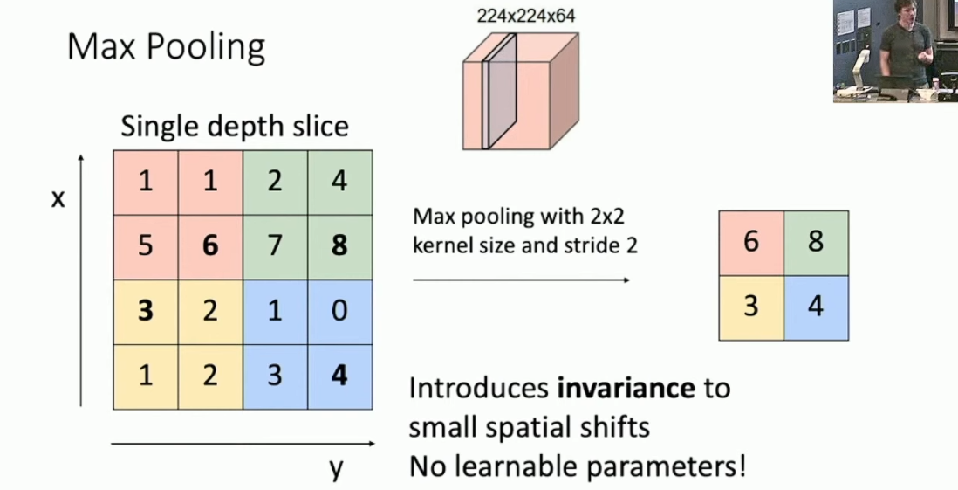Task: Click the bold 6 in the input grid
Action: [x=210, y=246]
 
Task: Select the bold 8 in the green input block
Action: [x=339, y=246]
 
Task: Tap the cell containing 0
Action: [x=339, y=311]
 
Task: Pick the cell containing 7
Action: [x=275, y=246]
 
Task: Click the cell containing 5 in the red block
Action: [x=146, y=246]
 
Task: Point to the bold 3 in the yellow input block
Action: [x=146, y=311]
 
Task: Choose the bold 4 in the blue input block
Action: [x=339, y=376]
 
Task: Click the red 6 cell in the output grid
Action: [x=751, y=243]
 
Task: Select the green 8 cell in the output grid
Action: [x=816, y=243]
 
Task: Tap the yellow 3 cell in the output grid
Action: [x=751, y=307]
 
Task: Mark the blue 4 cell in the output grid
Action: [x=816, y=307]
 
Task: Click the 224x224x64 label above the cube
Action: [x=526, y=16]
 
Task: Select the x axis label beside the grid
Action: [x=58, y=199]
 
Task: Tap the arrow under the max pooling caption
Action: [x=521, y=280]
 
